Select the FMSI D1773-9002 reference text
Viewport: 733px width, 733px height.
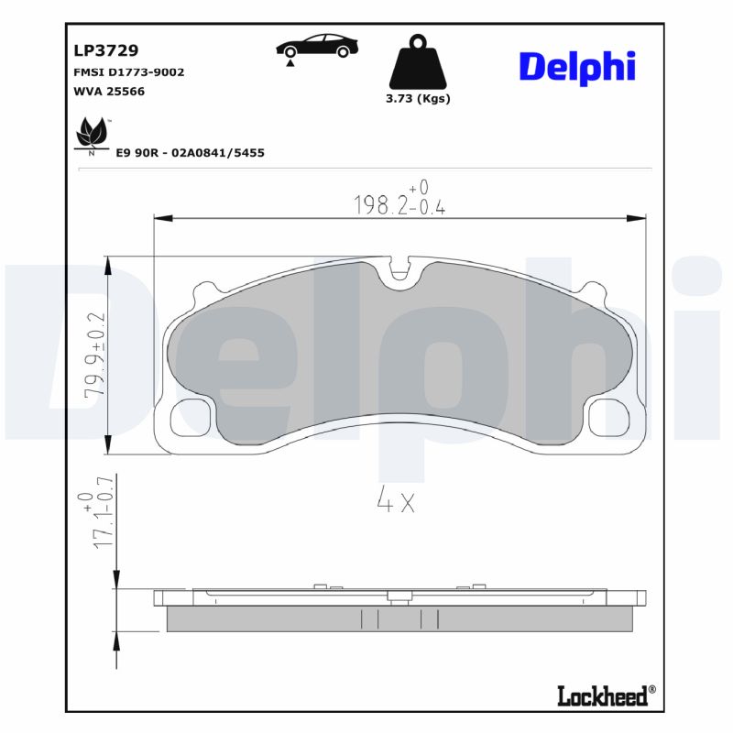pos(128,71)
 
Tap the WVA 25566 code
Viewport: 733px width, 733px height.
pos(108,91)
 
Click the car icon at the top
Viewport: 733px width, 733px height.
pos(317,48)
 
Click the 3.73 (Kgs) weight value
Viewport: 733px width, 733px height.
pos(418,99)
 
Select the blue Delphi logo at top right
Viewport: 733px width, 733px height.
pos(577,67)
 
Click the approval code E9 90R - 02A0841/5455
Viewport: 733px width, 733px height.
pos(190,153)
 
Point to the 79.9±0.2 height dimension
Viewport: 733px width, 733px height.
pos(95,356)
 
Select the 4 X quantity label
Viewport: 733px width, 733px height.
pos(396,500)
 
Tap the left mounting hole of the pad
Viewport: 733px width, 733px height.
pos(191,419)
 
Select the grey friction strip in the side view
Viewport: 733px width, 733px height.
pos(399,619)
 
